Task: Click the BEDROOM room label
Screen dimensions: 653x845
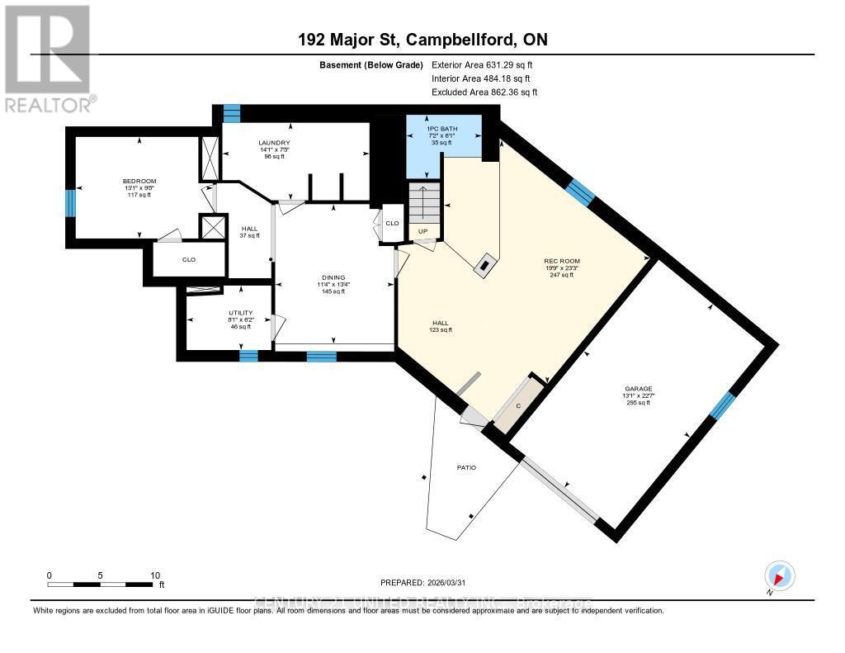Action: tap(139, 181)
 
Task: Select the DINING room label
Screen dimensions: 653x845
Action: tap(333, 277)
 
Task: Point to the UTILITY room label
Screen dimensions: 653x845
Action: tap(240, 313)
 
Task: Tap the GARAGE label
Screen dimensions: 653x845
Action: tap(638, 388)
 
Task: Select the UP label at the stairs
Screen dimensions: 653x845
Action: tap(423, 231)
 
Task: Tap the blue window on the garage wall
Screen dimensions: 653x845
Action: tap(723, 405)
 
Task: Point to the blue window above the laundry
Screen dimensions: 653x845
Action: tap(232, 113)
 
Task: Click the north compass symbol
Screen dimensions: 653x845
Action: tap(779, 575)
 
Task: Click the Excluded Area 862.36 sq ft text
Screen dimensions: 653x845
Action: tap(490, 92)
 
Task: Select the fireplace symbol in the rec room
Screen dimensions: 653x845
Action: tap(484, 265)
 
